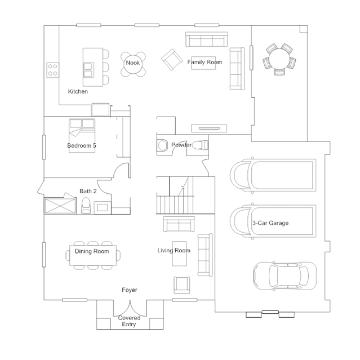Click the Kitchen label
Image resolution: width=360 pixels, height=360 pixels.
coord(78,91)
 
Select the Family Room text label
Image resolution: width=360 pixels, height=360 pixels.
coord(205,62)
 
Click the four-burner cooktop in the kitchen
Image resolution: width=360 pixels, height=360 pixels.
coord(52,70)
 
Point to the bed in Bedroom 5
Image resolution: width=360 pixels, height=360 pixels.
coord(82,135)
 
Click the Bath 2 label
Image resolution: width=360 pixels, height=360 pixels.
coord(88,191)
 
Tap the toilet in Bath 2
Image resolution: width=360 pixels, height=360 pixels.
coord(86,205)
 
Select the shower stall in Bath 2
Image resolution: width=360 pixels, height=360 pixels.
coord(60,206)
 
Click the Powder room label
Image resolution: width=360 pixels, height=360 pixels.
coord(181,145)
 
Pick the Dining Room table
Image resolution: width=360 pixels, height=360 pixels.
coord(93,255)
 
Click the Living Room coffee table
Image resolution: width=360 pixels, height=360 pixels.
coord(180,254)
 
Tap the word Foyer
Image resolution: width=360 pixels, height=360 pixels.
coord(130,290)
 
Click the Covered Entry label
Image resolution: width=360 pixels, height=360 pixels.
coord(129,321)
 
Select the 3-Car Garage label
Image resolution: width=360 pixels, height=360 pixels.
coord(270,223)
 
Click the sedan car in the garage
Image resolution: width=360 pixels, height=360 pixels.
coord(285,275)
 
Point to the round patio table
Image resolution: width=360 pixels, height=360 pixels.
coord(279,59)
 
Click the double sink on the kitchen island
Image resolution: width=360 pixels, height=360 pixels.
coord(88,70)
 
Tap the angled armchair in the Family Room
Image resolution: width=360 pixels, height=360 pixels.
coord(171,60)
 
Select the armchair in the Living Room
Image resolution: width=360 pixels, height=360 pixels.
coord(182,285)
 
